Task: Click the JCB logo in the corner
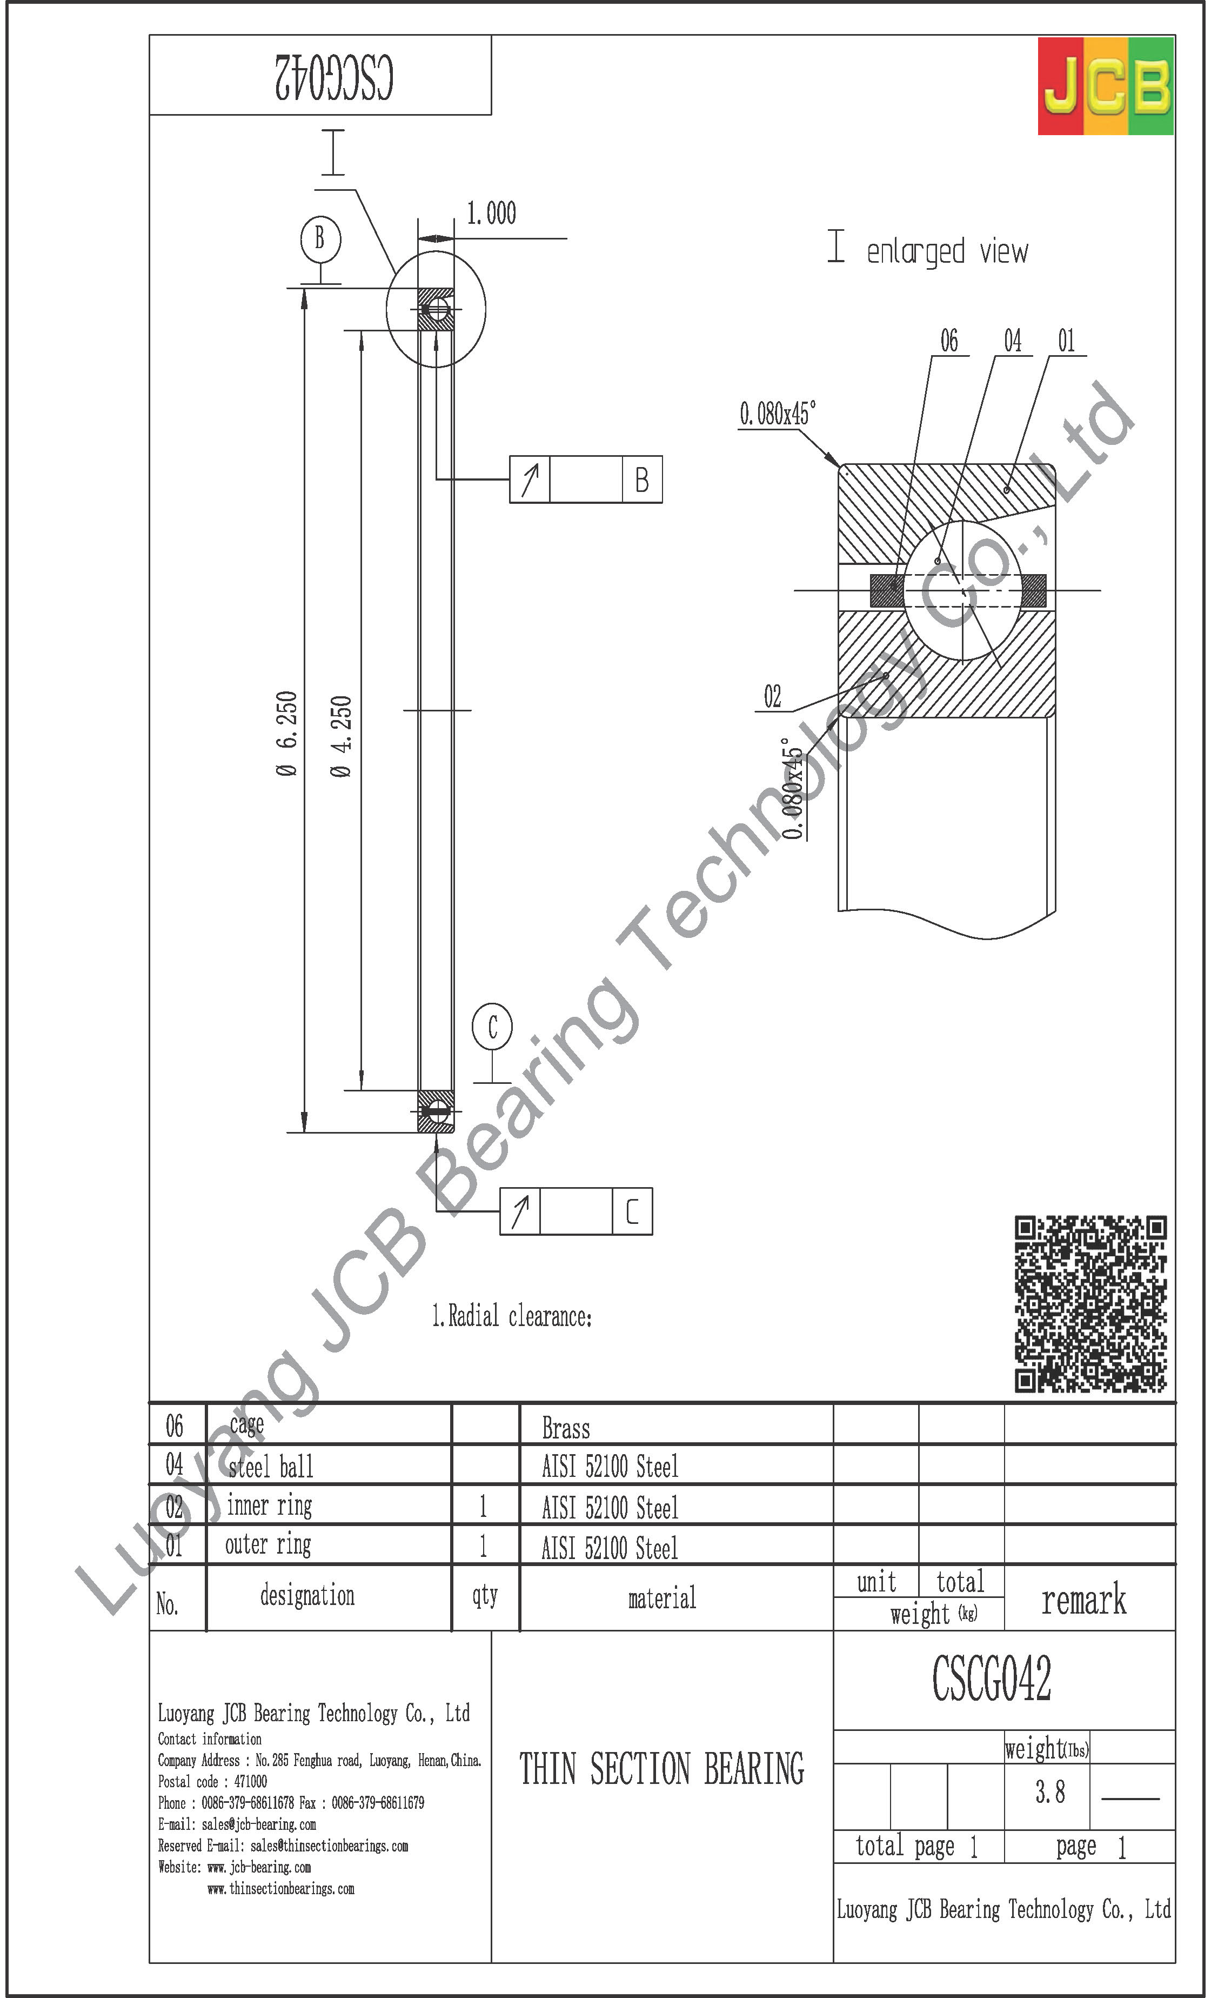click(x=1106, y=86)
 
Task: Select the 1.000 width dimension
click(x=491, y=213)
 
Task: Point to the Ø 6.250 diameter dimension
click(x=287, y=734)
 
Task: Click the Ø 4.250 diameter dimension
click(x=342, y=736)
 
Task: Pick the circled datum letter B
click(x=320, y=238)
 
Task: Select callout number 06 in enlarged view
click(x=948, y=341)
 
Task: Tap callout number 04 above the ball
click(x=1013, y=341)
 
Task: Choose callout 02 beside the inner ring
click(x=773, y=696)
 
